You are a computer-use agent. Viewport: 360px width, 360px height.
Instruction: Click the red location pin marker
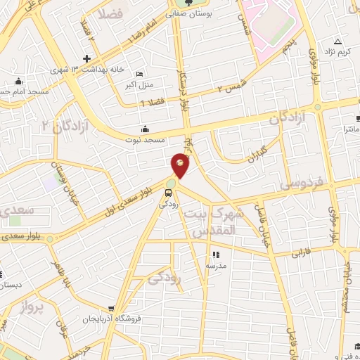coord(181,165)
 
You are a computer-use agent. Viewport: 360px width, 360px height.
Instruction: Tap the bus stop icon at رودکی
coord(169,191)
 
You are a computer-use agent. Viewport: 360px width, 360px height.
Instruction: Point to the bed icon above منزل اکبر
coord(139,75)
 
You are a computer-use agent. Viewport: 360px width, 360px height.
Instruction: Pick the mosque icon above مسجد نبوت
coord(145,129)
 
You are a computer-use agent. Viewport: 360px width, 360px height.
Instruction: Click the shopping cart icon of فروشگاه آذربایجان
coord(111,307)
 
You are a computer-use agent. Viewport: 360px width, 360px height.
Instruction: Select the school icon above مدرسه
coord(216,255)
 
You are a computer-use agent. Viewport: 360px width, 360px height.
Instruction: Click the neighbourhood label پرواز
coord(32,307)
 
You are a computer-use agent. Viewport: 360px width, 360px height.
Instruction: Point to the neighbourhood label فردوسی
coord(301,184)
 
